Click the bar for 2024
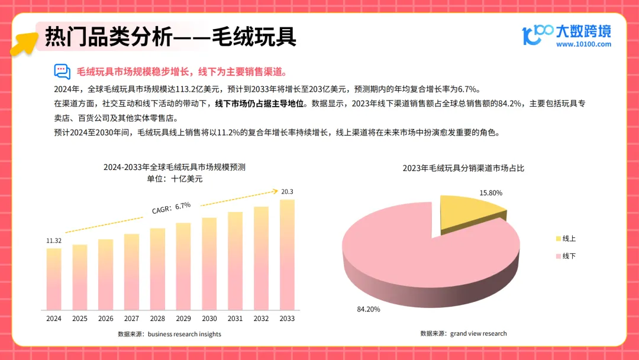point(54,279)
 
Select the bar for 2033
point(287,255)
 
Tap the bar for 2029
point(183,266)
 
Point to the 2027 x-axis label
point(131,319)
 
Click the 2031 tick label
point(235,319)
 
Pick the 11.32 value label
point(54,240)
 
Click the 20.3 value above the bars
point(287,192)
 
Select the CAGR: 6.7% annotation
point(171,208)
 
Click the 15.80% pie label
point(490,193)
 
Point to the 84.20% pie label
point(369,310)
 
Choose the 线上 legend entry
point(566,239)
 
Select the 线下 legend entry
point(566,256)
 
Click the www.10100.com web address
point(583,44)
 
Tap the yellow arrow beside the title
point(24,43)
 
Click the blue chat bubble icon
point(62,72)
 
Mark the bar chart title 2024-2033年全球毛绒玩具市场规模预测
point(175,167)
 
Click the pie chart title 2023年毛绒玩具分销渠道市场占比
point(463,168)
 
